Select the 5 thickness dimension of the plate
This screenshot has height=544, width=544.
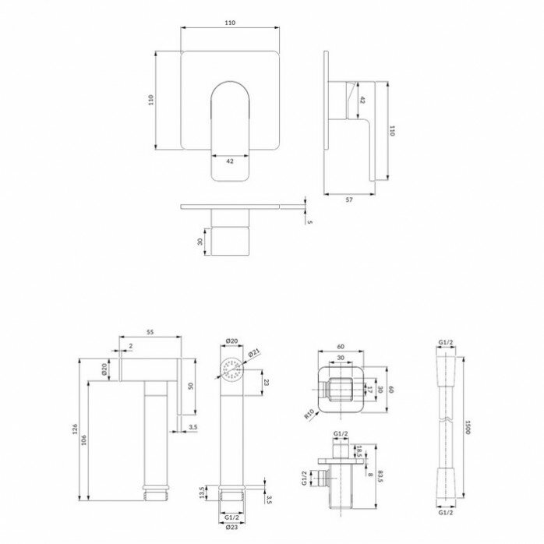(309, 223)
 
